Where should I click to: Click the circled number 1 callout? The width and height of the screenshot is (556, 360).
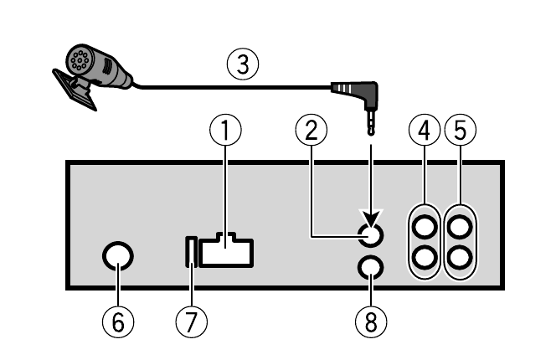(225, 130)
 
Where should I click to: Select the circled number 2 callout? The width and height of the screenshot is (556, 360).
(311, 130)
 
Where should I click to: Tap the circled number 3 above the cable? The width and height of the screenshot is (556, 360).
(243, 64)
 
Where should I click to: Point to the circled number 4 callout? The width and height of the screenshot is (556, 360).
(425, 130)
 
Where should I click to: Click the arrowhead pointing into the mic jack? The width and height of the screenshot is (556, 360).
(370, 219)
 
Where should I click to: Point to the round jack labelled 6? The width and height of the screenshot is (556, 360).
(118, 257)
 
